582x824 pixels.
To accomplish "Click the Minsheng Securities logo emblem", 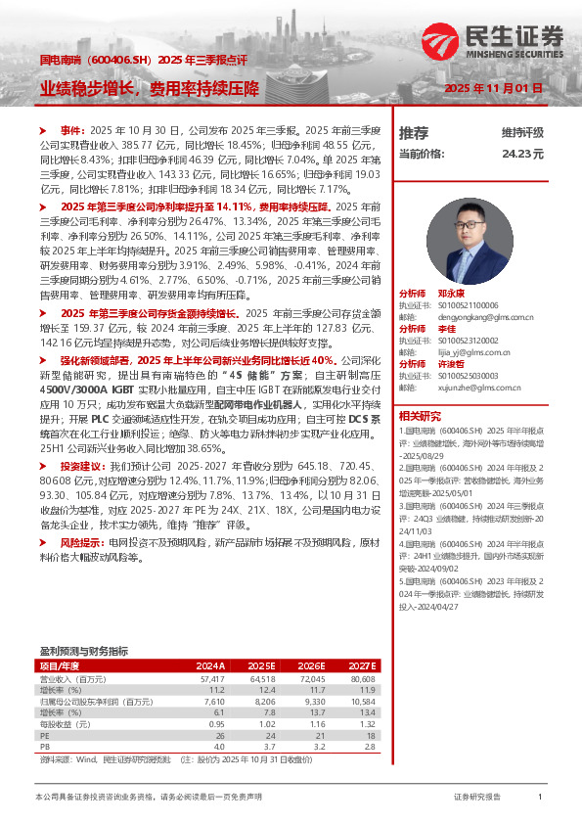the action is click(x=441, y=43).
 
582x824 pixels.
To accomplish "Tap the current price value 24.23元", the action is click(x=522, y=154).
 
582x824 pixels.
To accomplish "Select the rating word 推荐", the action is click(x=414, y=132).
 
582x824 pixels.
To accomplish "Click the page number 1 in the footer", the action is click(x=540, y=798).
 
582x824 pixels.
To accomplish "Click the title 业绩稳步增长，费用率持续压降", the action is click(x=149, y=88).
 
